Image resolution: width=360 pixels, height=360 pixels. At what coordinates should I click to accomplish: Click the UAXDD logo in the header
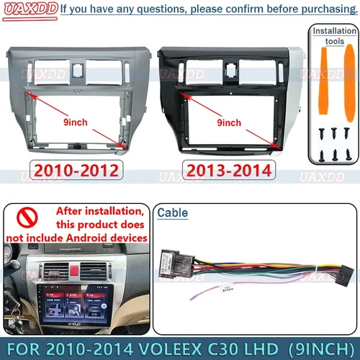click(x=28, y=9)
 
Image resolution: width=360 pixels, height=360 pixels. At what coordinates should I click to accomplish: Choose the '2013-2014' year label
click(x=229, y=170)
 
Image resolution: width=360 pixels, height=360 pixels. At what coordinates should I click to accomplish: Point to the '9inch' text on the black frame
click(x=229, y=122)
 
